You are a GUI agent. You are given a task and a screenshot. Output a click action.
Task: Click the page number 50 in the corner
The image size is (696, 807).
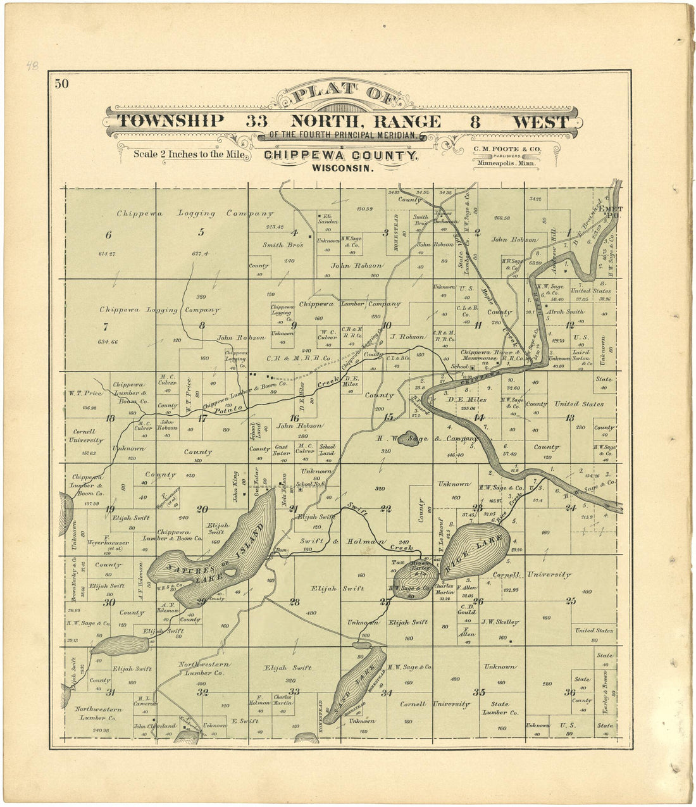61,84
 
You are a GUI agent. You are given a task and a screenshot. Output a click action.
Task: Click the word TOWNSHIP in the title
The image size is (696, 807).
171,122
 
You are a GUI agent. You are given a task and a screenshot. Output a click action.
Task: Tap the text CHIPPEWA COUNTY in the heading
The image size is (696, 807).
340,156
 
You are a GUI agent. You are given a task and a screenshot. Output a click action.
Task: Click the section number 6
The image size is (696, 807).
108,235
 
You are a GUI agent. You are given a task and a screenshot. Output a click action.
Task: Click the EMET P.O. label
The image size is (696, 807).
612,212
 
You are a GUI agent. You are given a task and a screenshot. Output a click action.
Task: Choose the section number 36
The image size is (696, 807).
570,692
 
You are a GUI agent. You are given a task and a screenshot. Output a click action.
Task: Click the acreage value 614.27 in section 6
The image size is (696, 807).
108,254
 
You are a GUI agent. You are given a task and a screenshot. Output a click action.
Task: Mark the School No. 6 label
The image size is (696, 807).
314,484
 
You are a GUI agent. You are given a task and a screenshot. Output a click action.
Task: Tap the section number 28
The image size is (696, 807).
294,602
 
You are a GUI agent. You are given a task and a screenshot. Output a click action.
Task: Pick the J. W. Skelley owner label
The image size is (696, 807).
500,622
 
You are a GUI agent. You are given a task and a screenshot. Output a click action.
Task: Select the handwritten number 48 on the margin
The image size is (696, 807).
32,65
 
